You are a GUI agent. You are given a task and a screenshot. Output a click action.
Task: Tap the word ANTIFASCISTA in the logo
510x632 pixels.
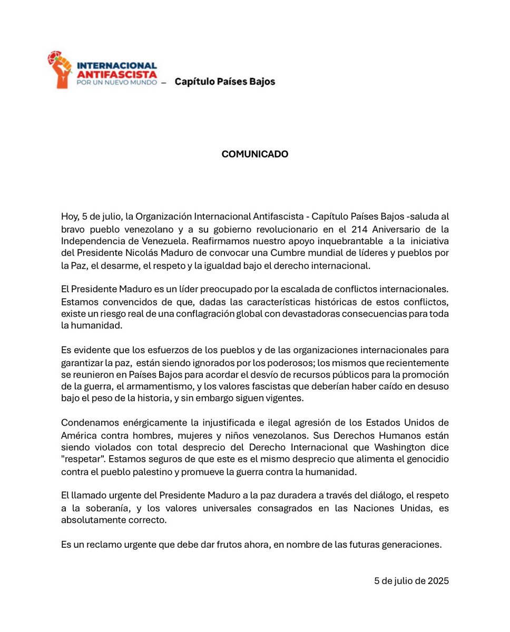point(116,73)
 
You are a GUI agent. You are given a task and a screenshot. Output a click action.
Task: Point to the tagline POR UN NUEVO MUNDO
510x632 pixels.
point(116,83)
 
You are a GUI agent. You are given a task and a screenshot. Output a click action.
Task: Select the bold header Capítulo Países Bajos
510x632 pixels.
point(224,82)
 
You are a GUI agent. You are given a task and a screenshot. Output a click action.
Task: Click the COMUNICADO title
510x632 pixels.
point(254,154)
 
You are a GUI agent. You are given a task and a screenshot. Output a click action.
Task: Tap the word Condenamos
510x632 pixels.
point(86,423)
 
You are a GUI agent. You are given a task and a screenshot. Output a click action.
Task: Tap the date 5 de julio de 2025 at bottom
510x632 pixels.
point(411,581)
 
